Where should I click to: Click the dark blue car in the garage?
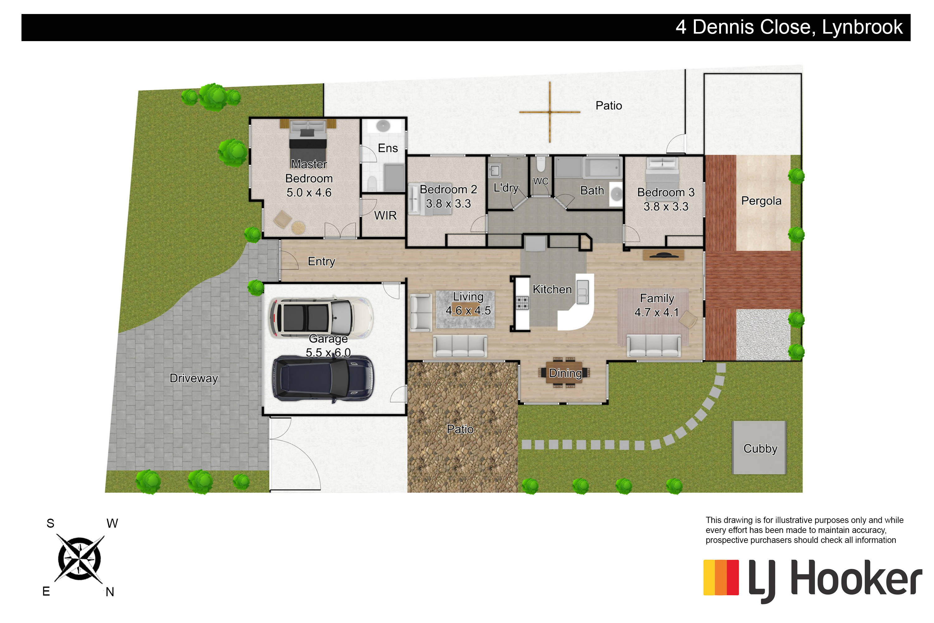click(x=323, y=379)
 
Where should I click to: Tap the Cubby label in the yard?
click(x=760, y=449)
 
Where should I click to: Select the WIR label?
click(x=385, y=215)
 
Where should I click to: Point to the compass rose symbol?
click(x=79, y=558)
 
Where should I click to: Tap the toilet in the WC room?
click(x=541, y=164)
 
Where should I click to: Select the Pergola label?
click(x=761, y=201)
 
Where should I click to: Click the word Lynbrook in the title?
click(x=862, y=27)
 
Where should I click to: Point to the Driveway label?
click(x=194, y=378)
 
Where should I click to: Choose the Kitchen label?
click(x=552, y=289)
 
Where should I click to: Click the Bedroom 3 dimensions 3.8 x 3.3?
click(x=666, y=207)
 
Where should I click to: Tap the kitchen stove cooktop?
click(x=522, y=303)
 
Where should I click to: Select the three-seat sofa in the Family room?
click(x=653, y=345)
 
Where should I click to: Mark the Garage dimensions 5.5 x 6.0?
click(x=328, y=352)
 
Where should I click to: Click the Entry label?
click(x=321, y=261)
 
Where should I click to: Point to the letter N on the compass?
click(x=110, y=592)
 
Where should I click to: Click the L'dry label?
click(x=506, y=188)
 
